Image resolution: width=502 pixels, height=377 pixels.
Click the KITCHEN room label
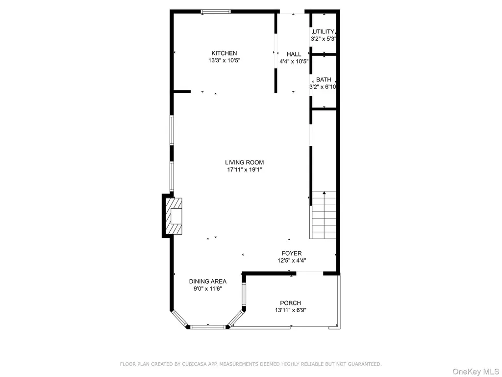coord(224,53)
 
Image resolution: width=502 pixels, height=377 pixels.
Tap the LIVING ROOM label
coord(244,162)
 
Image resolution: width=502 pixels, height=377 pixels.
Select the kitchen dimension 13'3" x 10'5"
coord(224,60)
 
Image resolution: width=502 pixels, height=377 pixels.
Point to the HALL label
coord(294,54)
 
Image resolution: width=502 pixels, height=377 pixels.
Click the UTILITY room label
coord(324,32)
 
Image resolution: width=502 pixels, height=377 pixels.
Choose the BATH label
coord(324,80)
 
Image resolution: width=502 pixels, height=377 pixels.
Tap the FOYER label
coord(292,254)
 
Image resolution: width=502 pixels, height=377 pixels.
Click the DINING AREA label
coord(208,281)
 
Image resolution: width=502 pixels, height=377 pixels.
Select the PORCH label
coord(290,303)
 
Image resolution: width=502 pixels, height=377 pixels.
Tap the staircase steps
coord(324,215)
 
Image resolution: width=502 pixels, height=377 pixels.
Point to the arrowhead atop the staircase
coord(325,192)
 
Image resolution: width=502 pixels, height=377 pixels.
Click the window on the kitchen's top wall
coord(216,12)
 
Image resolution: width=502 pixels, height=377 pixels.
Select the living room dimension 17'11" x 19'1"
coord(245,169)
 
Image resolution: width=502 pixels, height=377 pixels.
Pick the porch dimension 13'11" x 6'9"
coord(290,310)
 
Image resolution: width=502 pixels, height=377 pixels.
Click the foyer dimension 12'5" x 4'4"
coord(292,261)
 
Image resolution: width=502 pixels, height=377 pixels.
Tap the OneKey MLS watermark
coord(476,372)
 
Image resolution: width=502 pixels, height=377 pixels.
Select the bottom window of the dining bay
coord(208,327)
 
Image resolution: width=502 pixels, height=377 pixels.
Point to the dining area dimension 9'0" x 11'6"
coord(208,289)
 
